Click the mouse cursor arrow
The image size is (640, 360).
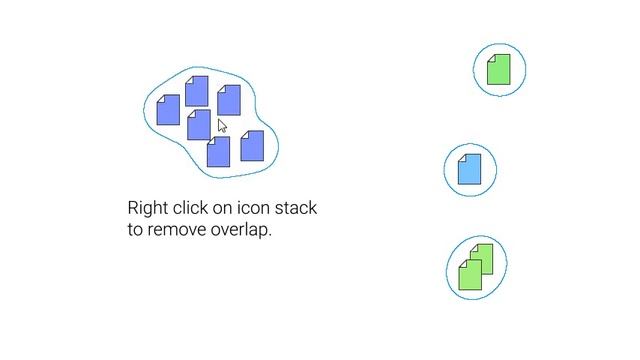point(222,125)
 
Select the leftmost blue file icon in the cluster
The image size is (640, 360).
point(168,110)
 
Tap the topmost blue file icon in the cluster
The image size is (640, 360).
point(197,90)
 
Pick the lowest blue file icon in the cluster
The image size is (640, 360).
point(218,152)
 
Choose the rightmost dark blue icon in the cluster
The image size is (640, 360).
point(252,146)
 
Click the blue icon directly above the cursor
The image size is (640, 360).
point(229,100)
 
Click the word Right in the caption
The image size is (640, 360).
point(147,209)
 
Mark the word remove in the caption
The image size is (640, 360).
point(177,230)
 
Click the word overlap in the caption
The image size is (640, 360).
point(241,230)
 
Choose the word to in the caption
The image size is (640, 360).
point(136,230)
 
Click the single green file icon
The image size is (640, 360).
point(499,70)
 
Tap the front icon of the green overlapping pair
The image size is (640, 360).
point(470,275)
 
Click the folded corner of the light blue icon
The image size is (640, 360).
point(462,157)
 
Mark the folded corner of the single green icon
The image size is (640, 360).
point(491,58)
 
